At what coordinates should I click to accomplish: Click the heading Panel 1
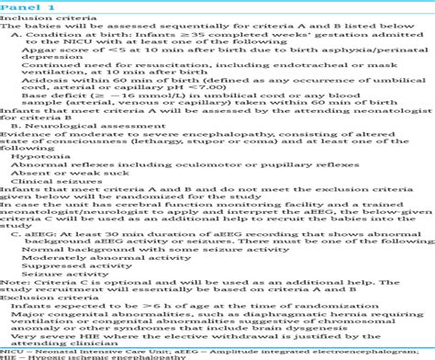(21, 6)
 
